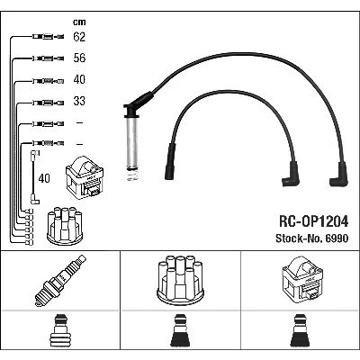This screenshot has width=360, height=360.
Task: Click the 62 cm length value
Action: [x=79, y=37]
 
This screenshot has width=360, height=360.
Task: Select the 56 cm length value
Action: [x=79, y=58]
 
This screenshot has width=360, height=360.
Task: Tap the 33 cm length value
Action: [x=79, y=101]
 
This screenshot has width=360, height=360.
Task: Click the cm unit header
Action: [x=79, y=22]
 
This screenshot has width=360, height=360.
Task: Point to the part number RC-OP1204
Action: [x=314, y=221]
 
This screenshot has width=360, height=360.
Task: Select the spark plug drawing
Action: [x=60, y=281]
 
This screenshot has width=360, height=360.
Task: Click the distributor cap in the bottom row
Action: [x=181, y=281]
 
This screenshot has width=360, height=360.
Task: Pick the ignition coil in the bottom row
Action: [x=302, y=281]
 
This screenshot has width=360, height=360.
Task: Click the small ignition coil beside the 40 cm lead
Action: [x=85, y=177]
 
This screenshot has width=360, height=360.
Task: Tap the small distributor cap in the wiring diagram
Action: [x=65, y=226]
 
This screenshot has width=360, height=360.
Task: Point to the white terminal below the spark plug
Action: [x=60, y=330]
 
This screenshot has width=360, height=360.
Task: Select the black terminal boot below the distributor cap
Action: [x=180, y=330]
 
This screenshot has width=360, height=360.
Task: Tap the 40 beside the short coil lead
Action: [x=44, y=178]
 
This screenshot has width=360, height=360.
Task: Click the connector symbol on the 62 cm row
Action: [x=48, y=37]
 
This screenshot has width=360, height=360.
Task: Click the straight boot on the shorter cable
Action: [x=170, y=161]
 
